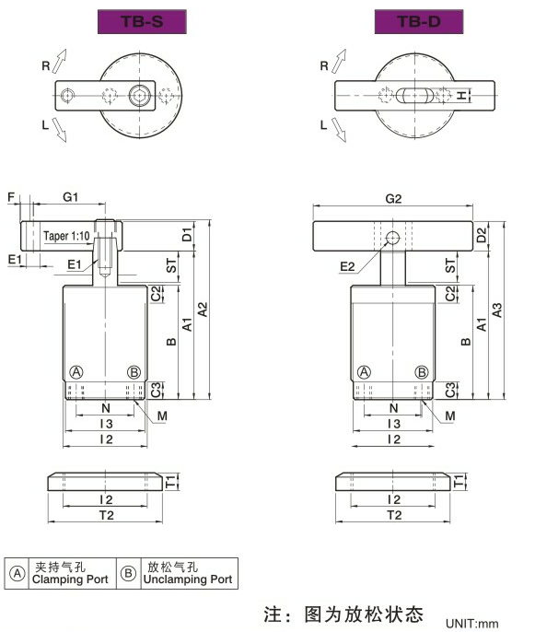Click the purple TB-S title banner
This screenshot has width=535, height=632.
pyautogui.click(x=142, y=21)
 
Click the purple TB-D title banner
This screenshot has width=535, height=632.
pyautogui.click(x=419, y=21)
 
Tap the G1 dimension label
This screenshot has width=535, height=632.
pyautogui.click(x=71, y=197)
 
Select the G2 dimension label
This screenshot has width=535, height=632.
pyautogui.click(x=393, y=199)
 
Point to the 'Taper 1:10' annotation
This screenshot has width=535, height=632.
pyautogui.click(x=66, y=236)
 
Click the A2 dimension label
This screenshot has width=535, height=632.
pyautogui.click(x=203, y=310)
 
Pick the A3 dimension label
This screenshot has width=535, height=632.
pyautogui.click(x=497, y=310)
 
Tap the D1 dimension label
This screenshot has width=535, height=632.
pyautogui.click(x=187, y=235)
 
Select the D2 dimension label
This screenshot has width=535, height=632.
pyautogui.click(x=482, y=236)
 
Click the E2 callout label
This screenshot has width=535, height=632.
pyautogui.click(x=347, y=266)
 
